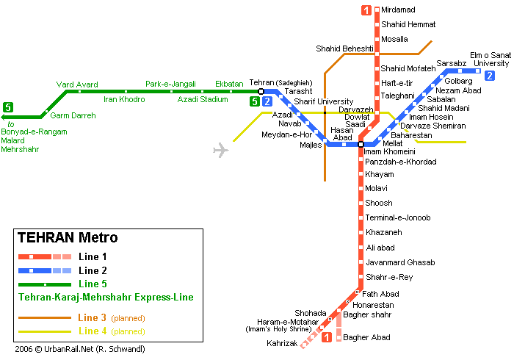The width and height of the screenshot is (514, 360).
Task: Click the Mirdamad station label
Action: point(398,10)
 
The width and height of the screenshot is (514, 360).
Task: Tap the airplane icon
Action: point(220,151)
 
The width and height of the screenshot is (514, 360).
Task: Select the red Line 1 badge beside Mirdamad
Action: point(366,10)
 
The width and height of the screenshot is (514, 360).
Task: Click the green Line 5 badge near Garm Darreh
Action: point(7,107)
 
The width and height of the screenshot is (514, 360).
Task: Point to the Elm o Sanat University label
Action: point(490,59)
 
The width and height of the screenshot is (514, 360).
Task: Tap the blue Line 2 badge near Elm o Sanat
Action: point(489,75)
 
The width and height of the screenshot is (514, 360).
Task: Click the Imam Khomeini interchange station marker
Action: point(361,144)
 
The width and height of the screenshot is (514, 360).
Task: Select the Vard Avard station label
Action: point(77,84)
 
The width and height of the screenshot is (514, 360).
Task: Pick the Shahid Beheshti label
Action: point(344,48)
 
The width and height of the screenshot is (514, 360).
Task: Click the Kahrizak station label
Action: point(282,343)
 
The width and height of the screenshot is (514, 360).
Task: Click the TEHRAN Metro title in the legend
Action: point(67,238)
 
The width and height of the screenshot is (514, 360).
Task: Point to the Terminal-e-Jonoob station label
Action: point(397,217)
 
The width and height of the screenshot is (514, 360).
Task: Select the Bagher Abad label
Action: point(367,338)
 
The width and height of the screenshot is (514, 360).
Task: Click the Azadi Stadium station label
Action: point(203,99)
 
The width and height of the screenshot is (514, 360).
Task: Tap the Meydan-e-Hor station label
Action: point(286,134)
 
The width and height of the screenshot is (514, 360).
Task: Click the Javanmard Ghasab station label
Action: point(400,262)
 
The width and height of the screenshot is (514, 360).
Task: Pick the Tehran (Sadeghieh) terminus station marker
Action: point(261,91)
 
